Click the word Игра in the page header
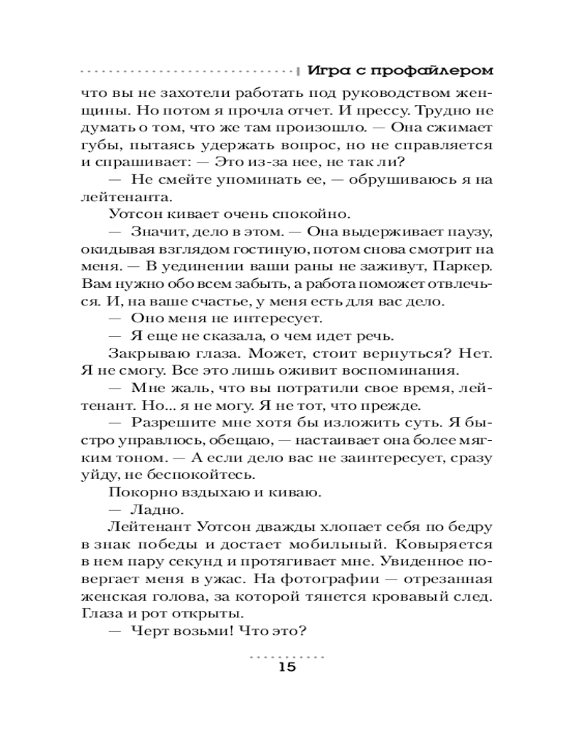[326, 71]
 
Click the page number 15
[288, 669]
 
